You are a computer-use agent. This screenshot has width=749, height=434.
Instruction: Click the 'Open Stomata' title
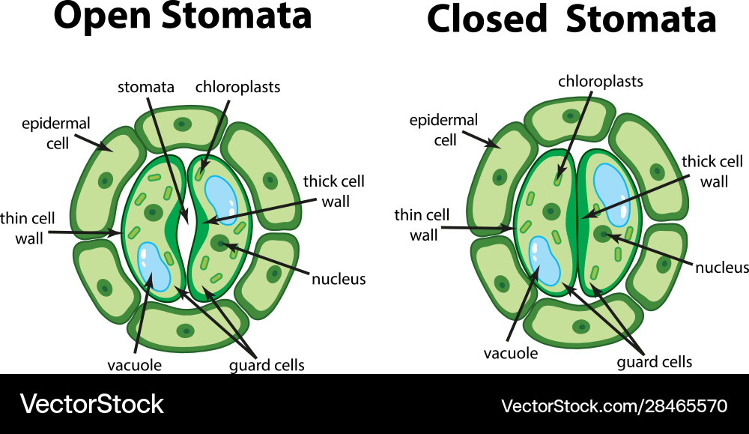[x=183, y=16]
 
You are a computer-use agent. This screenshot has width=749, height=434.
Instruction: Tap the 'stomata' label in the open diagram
[x=146, y=88]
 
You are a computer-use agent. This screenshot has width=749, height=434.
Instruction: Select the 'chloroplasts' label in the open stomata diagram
[x=237, y=87]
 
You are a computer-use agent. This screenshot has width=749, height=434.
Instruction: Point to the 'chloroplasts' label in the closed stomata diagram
[x=601, y=81]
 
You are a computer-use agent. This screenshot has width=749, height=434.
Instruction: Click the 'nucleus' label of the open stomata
[x=339, y=280]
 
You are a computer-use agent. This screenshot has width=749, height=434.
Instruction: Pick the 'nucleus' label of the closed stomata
[x=722, y=268]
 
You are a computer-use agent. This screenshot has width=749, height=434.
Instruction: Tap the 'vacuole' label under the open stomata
[x=136, y=366]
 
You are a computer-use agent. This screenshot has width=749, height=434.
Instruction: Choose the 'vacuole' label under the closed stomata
[x=511, y=353]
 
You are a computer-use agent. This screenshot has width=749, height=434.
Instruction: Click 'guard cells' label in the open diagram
[x=267, y=366]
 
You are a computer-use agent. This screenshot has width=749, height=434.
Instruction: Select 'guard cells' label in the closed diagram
[x=654, y=362]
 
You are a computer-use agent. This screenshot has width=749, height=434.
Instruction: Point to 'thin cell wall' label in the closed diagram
[x=423, y=225]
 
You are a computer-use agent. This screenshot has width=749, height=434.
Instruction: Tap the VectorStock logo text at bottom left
[x=91, y=405]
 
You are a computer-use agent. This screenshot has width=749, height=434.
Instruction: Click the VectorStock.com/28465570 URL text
[x=613, y=406]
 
